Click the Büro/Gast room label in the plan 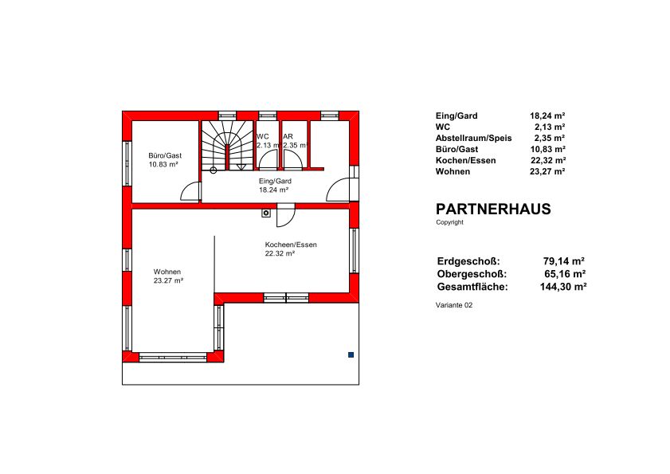click(x=165, y=155)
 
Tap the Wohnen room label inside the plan click(x=167, y=272)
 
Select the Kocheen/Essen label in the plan click(x=291, y=245)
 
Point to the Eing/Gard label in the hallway click(x=275, y=181)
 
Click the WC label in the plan click(x=263, y=136)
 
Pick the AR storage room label click(x=288, y=136)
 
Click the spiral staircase click(x=227, y=145)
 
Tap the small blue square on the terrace click(x=351, y=355)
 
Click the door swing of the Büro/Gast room click(x=190, y=191)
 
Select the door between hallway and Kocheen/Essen click(x=285, y=215)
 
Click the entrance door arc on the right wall click(x=338, y=190)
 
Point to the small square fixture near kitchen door click(x=266, y=213)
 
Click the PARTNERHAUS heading click(x=493, y=209)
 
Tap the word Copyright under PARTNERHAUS click(x=449, y=222)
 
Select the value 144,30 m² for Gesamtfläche click(x=562, y=287)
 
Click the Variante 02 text click(x=454, y=305)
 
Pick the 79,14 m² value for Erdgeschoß click(x=563, y=261)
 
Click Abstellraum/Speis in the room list click(x=473, y=138)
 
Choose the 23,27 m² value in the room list click(x=547, y=171)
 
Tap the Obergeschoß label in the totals click(x=472, y=274)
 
